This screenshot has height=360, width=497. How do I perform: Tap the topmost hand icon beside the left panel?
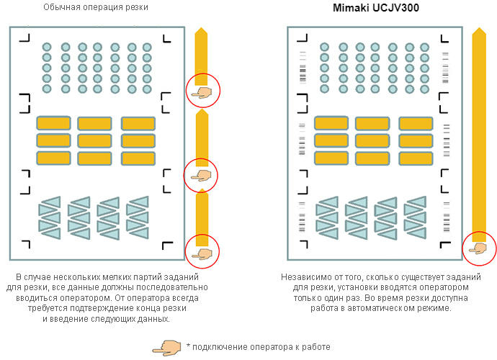tap(202, 91)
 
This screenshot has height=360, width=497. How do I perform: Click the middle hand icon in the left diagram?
tap(202, 174)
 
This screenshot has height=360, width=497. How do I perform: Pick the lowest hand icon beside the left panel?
tap(202, 252)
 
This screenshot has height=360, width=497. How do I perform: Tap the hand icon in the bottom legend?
tap(166, 347)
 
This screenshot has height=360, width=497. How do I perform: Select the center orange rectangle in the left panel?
tap(94, 140)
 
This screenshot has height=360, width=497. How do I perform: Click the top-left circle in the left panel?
tap(48, 47)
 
